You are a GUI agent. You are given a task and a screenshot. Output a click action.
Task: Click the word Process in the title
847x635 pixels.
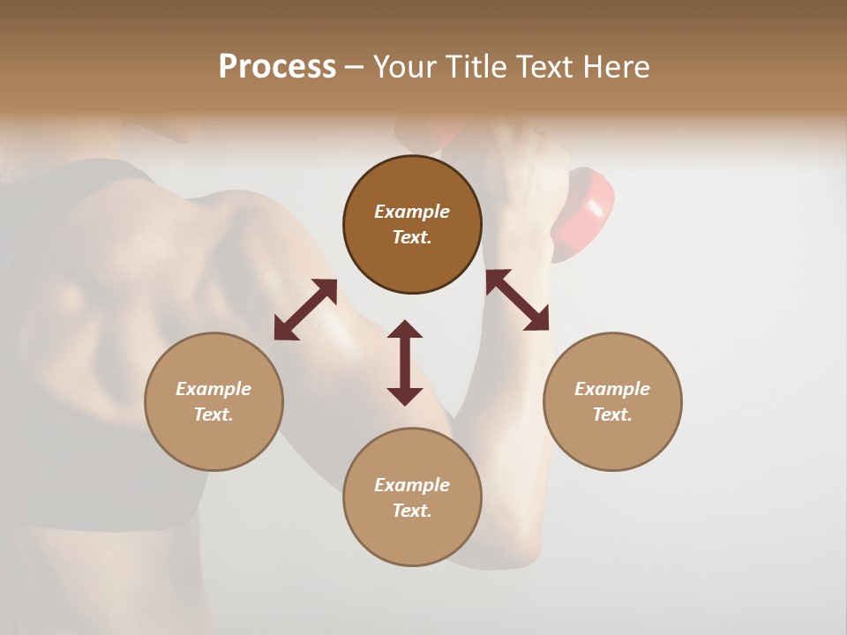tap(277, 67)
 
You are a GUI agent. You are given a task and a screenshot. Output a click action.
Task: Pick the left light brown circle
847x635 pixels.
tap(214, 401)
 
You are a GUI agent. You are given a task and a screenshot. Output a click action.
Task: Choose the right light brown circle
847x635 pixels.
tap(612, 401)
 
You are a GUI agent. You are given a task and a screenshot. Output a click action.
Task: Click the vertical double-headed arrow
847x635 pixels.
tap(405, 362)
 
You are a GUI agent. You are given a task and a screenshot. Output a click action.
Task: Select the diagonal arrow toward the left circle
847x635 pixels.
tap(305, 310)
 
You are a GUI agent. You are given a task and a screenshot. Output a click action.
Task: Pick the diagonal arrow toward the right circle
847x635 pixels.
tap(518, 301)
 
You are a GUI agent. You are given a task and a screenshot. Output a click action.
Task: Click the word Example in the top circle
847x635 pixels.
tap(412, 212)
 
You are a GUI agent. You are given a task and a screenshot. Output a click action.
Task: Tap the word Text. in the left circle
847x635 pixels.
tap(214, 415)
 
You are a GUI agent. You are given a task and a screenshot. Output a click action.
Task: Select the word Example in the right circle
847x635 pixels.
tap(612, 389)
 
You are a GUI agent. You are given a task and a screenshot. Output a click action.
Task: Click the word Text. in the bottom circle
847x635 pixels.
tap(412, 511)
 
